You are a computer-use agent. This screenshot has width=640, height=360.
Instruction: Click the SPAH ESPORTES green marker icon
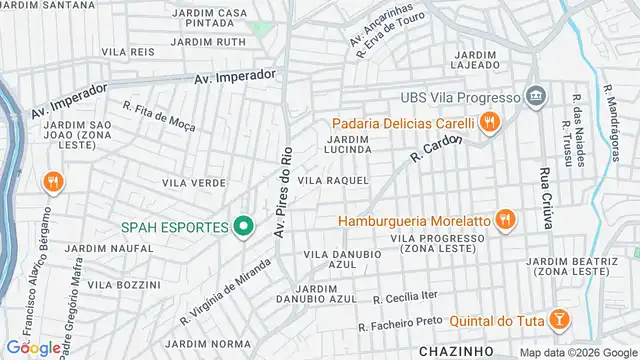point(242,227)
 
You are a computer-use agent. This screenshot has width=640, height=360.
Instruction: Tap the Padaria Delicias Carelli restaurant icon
point(489,123)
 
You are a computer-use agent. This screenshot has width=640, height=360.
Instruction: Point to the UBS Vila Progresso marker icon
point(537,97)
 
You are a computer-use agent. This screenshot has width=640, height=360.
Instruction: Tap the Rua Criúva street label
point(547,198)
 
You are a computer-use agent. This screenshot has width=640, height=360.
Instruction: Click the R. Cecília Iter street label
point(405,298)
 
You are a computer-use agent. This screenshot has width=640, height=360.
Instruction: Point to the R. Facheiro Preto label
point(401,323)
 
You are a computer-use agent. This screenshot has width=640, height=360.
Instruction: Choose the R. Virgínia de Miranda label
point(225,290)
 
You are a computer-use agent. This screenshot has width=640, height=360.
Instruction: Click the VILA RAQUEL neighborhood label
point(334,181)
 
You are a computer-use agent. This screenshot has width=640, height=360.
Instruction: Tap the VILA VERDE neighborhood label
point(193,183)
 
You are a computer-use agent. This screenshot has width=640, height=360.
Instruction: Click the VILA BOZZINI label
point(117,285)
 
